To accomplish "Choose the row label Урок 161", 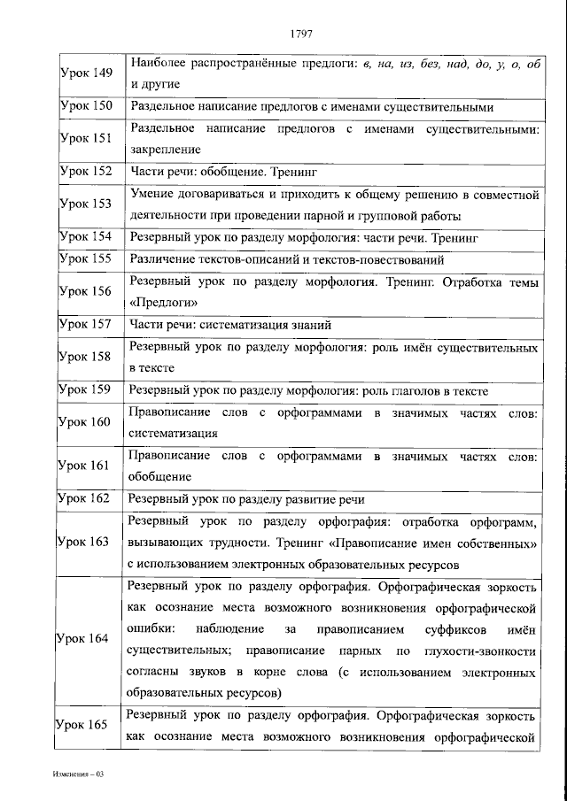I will tap(85, 466).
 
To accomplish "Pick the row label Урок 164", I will tap(85, 638).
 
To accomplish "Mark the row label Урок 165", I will tap(85, 725).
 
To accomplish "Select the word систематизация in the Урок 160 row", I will tap(172, 434).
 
